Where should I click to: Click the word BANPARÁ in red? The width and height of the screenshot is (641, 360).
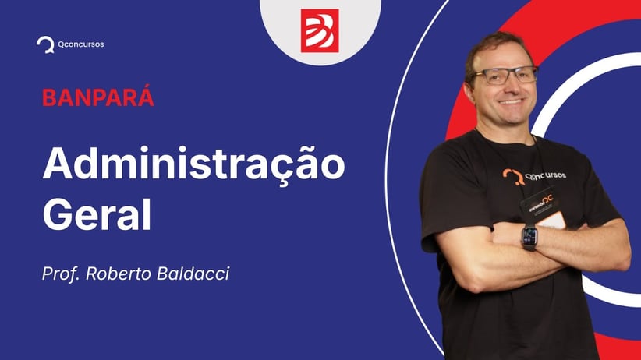click(98, 99)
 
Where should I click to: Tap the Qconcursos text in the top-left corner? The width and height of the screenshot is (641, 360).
click(80, 44)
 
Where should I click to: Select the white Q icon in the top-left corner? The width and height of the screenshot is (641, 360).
click(45, 44)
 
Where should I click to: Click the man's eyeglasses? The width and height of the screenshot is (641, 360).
click(503, 76)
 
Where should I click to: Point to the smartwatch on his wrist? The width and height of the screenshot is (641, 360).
click(529, 237)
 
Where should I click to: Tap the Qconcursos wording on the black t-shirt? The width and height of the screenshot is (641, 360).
click(546, 175)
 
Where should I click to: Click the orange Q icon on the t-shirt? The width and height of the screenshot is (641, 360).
click(512, 176)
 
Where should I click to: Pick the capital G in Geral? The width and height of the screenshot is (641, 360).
click(58, 214)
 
